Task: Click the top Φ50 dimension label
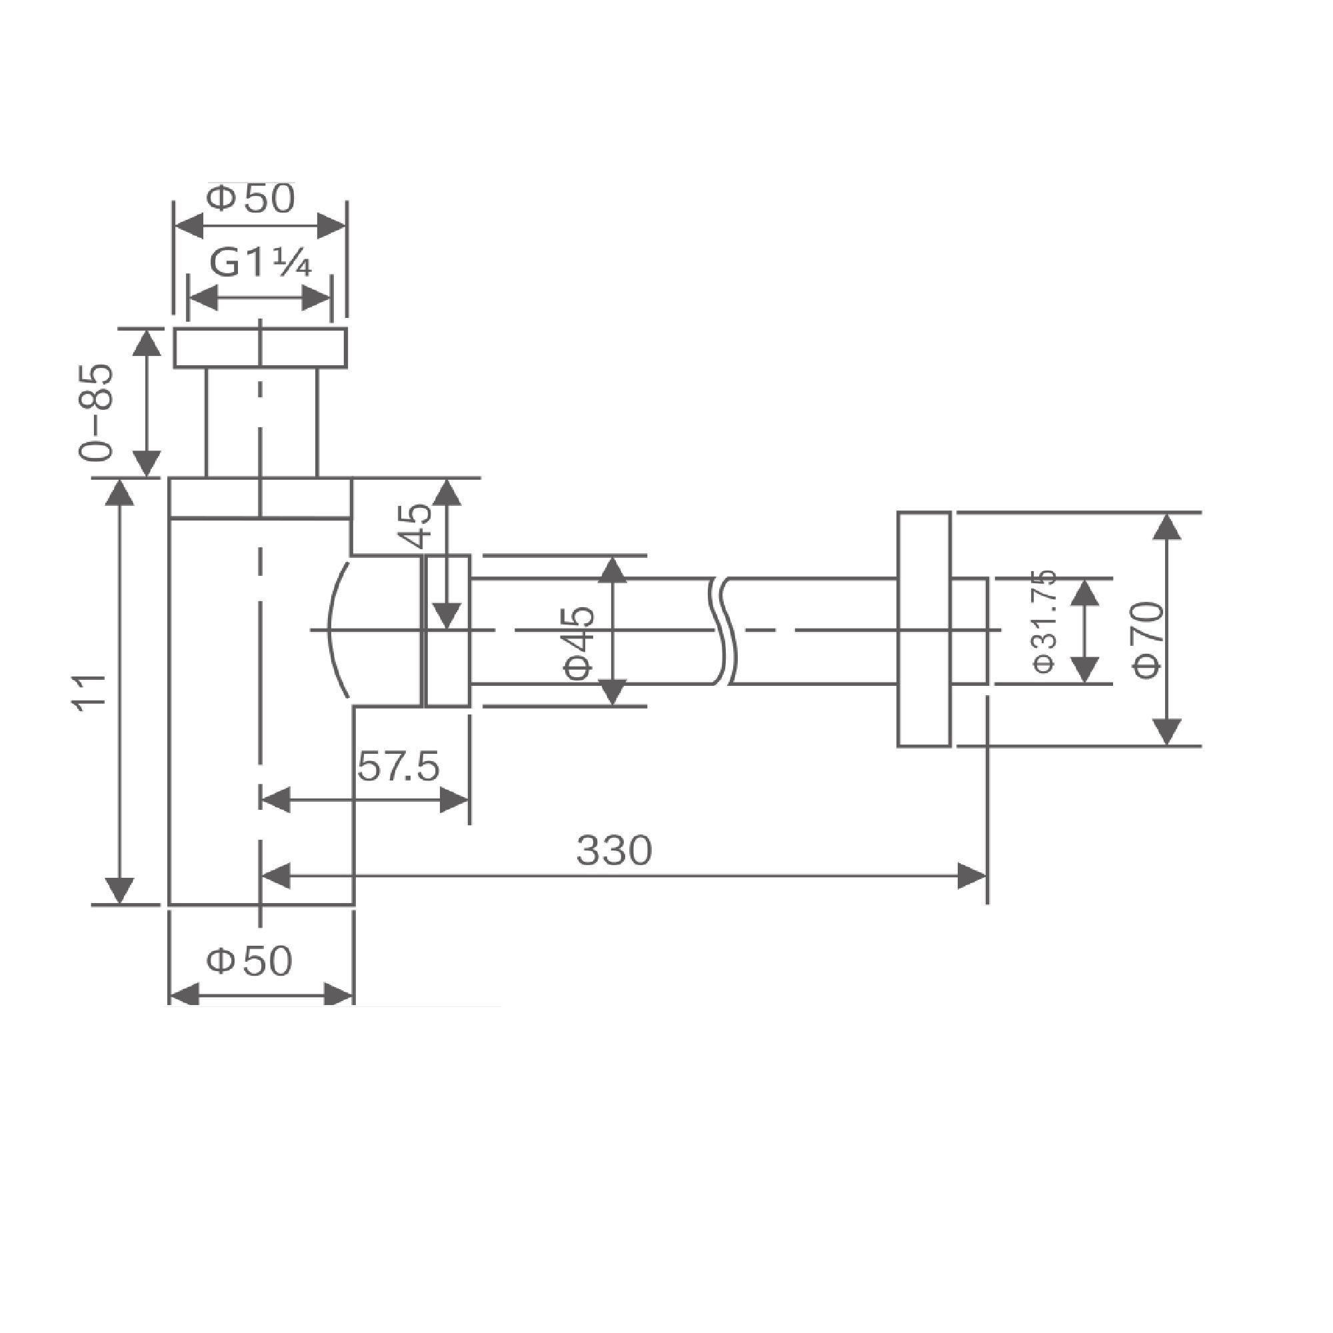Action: coord(251,199)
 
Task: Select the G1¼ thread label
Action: coord(260,263)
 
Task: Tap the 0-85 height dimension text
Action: coord(95,412)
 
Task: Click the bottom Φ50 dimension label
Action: coord(250,960)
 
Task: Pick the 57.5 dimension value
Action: coord(398,766)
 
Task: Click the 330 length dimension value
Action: coord(613,850)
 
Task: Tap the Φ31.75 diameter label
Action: coord(1044,621)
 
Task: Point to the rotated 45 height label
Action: coord(416,526)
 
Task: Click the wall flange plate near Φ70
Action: coord(924,629)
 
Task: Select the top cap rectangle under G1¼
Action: coord(260,349)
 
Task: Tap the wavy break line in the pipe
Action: coord(722,631)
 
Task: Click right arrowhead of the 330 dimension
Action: coord(974,876)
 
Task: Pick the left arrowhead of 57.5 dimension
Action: coord(275,801)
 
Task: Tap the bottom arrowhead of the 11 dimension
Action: coord(119,890)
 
